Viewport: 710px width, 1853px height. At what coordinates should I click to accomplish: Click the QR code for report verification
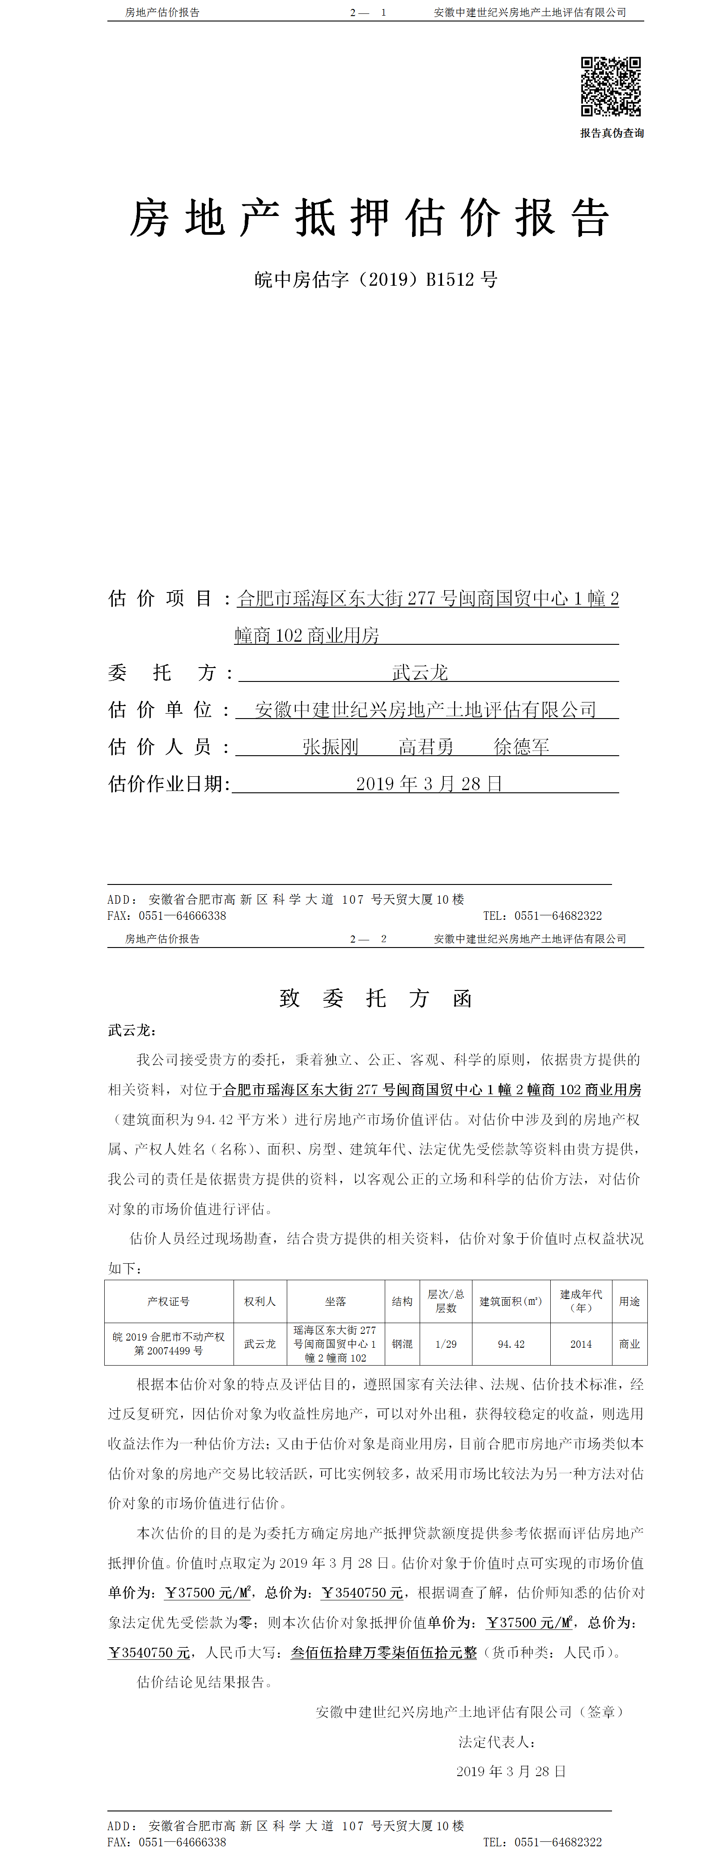tap(611, 86)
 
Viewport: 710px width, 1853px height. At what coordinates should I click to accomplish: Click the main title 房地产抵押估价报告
tap(370, 218)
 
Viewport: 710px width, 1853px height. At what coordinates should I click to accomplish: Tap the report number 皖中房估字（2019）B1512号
tap(375, 279)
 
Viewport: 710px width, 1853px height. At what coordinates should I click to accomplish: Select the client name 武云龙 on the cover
tap(420, 673)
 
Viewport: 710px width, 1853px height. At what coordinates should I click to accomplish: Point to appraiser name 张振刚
tap(330, 747)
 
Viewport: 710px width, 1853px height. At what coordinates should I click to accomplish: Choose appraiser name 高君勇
tap(426, 747)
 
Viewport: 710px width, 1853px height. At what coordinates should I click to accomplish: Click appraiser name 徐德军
tap(522, 747)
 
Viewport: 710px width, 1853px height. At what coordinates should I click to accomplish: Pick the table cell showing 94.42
tap(511, 1344)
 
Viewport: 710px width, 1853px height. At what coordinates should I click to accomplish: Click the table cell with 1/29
tap(446, 1344)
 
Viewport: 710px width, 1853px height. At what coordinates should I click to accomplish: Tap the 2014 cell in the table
tap(581, 1344)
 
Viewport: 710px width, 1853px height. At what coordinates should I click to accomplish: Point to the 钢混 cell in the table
tap(402, 1344)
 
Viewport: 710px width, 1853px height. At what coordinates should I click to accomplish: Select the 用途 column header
tap(629, 1301)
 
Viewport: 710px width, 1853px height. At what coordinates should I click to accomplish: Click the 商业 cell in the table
tap(629, 1344)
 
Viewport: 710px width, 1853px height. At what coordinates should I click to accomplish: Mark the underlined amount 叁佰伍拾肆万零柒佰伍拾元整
tap(383, 1652)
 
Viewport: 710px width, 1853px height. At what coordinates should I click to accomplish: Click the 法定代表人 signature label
tap(496, 1742)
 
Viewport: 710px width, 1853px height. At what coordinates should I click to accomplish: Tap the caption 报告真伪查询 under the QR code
tap(612, 133)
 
